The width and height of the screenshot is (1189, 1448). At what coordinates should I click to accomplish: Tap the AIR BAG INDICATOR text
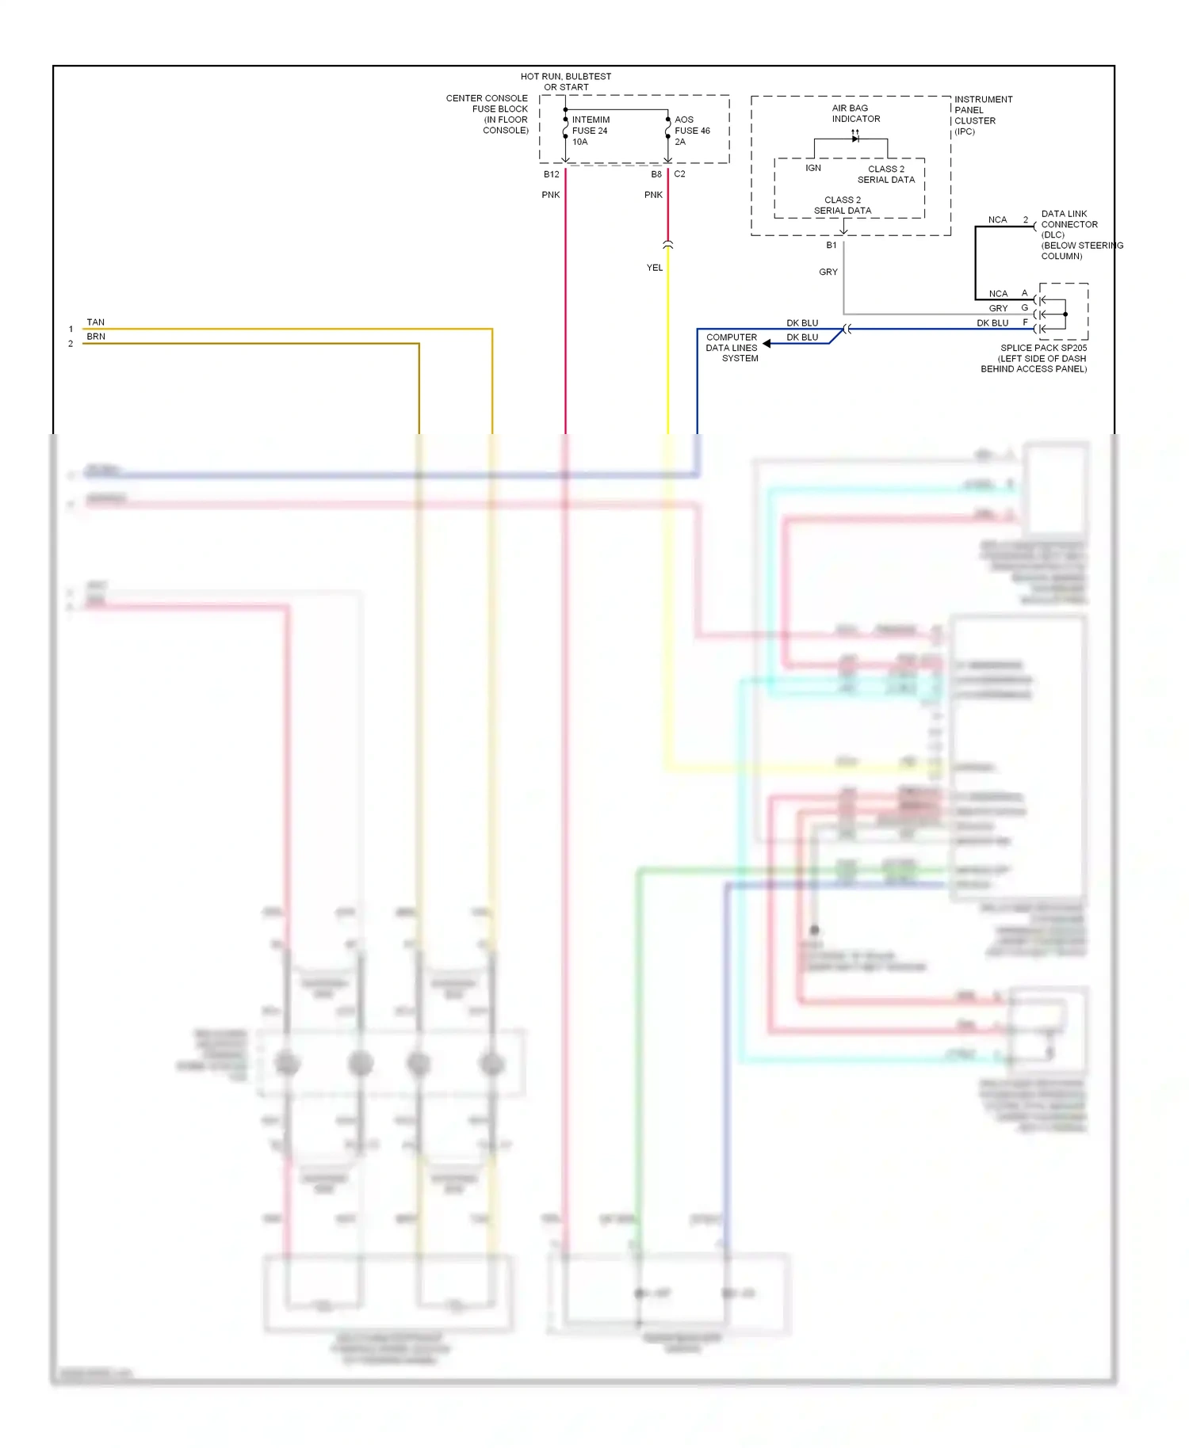tap(855, 113)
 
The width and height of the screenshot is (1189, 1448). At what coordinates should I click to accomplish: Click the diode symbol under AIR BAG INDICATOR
tap(854, 139)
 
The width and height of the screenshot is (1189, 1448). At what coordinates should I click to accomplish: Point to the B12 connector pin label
tap(551, 174)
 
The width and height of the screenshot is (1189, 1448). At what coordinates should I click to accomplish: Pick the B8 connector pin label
tap(656, 174)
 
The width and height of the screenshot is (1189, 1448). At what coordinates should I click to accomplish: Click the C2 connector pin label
tap(679, 174)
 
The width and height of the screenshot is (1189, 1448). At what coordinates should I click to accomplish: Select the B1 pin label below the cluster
tap(831, 246)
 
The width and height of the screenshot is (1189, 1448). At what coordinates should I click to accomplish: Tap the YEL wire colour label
tap(654, 268)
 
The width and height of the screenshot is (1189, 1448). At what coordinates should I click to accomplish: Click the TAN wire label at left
tap(95, 322)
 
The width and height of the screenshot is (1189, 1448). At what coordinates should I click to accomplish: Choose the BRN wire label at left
tap(95, 337)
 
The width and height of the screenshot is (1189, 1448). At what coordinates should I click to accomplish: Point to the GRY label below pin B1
tap(828, 272)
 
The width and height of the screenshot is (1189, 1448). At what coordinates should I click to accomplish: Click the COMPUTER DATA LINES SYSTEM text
tap(732, 348)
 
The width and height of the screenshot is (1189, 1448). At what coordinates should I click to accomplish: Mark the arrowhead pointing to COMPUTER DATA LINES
tap(767, 344)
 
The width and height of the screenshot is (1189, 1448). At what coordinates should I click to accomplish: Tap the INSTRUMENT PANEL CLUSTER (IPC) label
tap(983, 116)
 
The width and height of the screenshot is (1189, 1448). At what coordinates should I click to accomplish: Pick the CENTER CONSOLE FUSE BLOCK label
tap(488, 114)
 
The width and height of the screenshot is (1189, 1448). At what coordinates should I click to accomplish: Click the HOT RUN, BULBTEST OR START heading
tap(566, 82)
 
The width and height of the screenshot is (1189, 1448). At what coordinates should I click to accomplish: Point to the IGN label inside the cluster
tap(813, 169)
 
